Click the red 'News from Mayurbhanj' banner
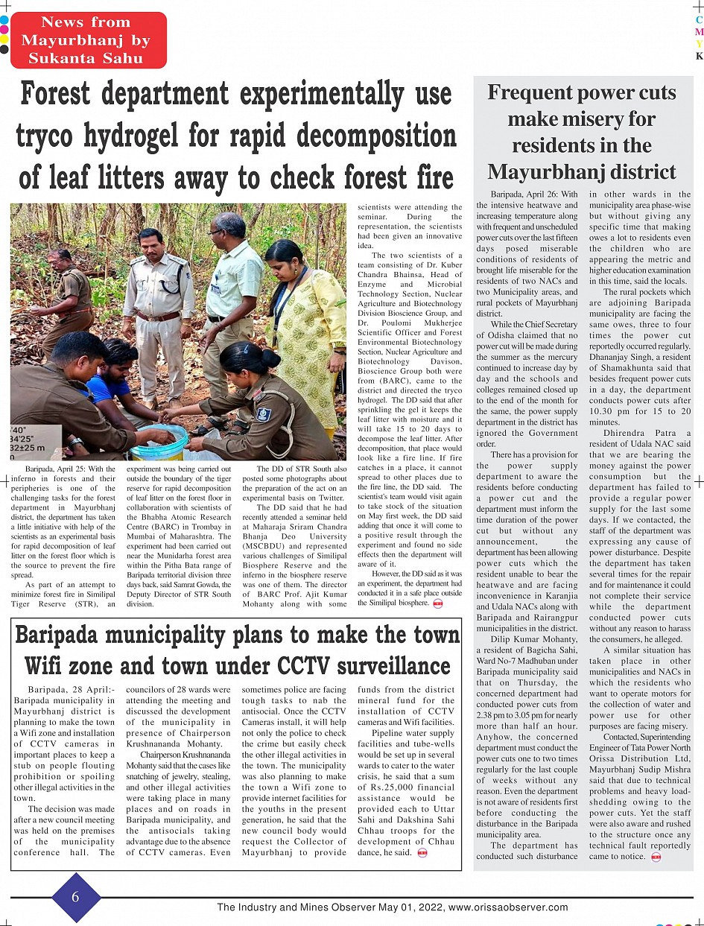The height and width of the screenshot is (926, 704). [88, 40]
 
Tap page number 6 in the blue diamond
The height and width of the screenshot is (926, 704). [75, 897]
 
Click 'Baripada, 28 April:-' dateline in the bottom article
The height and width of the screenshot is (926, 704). [72, 690]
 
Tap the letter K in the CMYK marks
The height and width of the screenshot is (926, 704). [699, 56]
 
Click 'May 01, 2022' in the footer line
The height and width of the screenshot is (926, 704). [407, 907]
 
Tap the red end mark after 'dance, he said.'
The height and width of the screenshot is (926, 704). [422, 853]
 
